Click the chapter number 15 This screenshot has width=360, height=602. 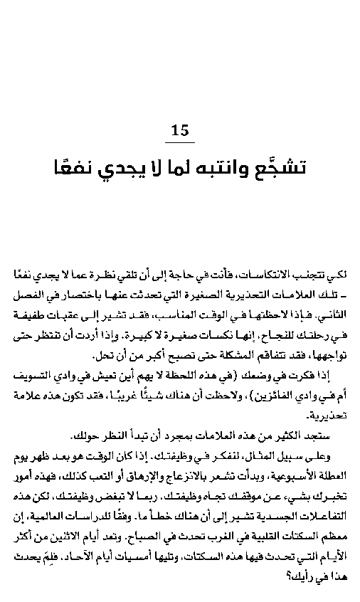[181, 130]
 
